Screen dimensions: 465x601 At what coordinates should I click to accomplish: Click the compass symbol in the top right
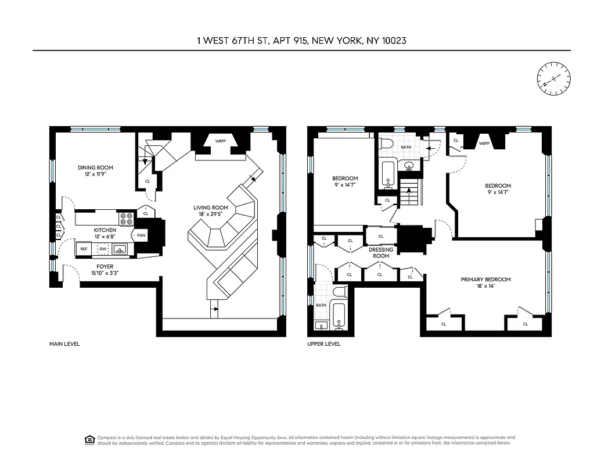pyautogui.click(x=553, y=80)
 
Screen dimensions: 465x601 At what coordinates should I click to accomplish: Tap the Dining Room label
pyautogui.click(x=96, y=167)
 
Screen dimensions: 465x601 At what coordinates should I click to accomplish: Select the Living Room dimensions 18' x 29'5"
pyautogui.click(x=211, y=214)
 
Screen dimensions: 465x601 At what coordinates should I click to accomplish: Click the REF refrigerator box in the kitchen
pyautogui.click(x=84, y=249)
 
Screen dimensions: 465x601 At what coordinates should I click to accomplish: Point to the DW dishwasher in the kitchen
pyautogui.click(x=103, y=249)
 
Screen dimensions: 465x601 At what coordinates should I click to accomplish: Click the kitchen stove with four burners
pyautogui.click(x=127, y=219)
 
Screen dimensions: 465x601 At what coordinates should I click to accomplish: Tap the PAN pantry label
pyautogui.click(x=142, y=235)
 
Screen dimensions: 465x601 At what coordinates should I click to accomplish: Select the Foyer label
pyautogui.click(x=105, y=266)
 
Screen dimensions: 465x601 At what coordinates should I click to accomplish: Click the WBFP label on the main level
pyautogui.click(x=220, y=141)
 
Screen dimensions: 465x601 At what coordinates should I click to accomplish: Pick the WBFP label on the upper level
pyautogui.click(x=483, y=143)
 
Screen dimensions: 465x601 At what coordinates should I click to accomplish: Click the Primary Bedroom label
pyautogui.click(x=485, y=280)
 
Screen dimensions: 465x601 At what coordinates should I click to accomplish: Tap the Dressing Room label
pyautogui.click(x=381, y=253)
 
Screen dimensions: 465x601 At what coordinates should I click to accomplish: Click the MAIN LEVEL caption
pyautogui.click(x=64, y=344)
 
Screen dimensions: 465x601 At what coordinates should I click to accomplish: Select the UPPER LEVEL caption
pyautogui.click(x=324, y=344)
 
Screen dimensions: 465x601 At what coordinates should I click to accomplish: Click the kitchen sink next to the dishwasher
pyautogui.click(x=121, y=249)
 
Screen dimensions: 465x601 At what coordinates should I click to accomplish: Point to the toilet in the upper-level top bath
pyautogui.click(x=387, y=143)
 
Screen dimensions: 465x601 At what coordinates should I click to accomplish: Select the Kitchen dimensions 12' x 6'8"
pyautogui.click(x=105, y=237)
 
